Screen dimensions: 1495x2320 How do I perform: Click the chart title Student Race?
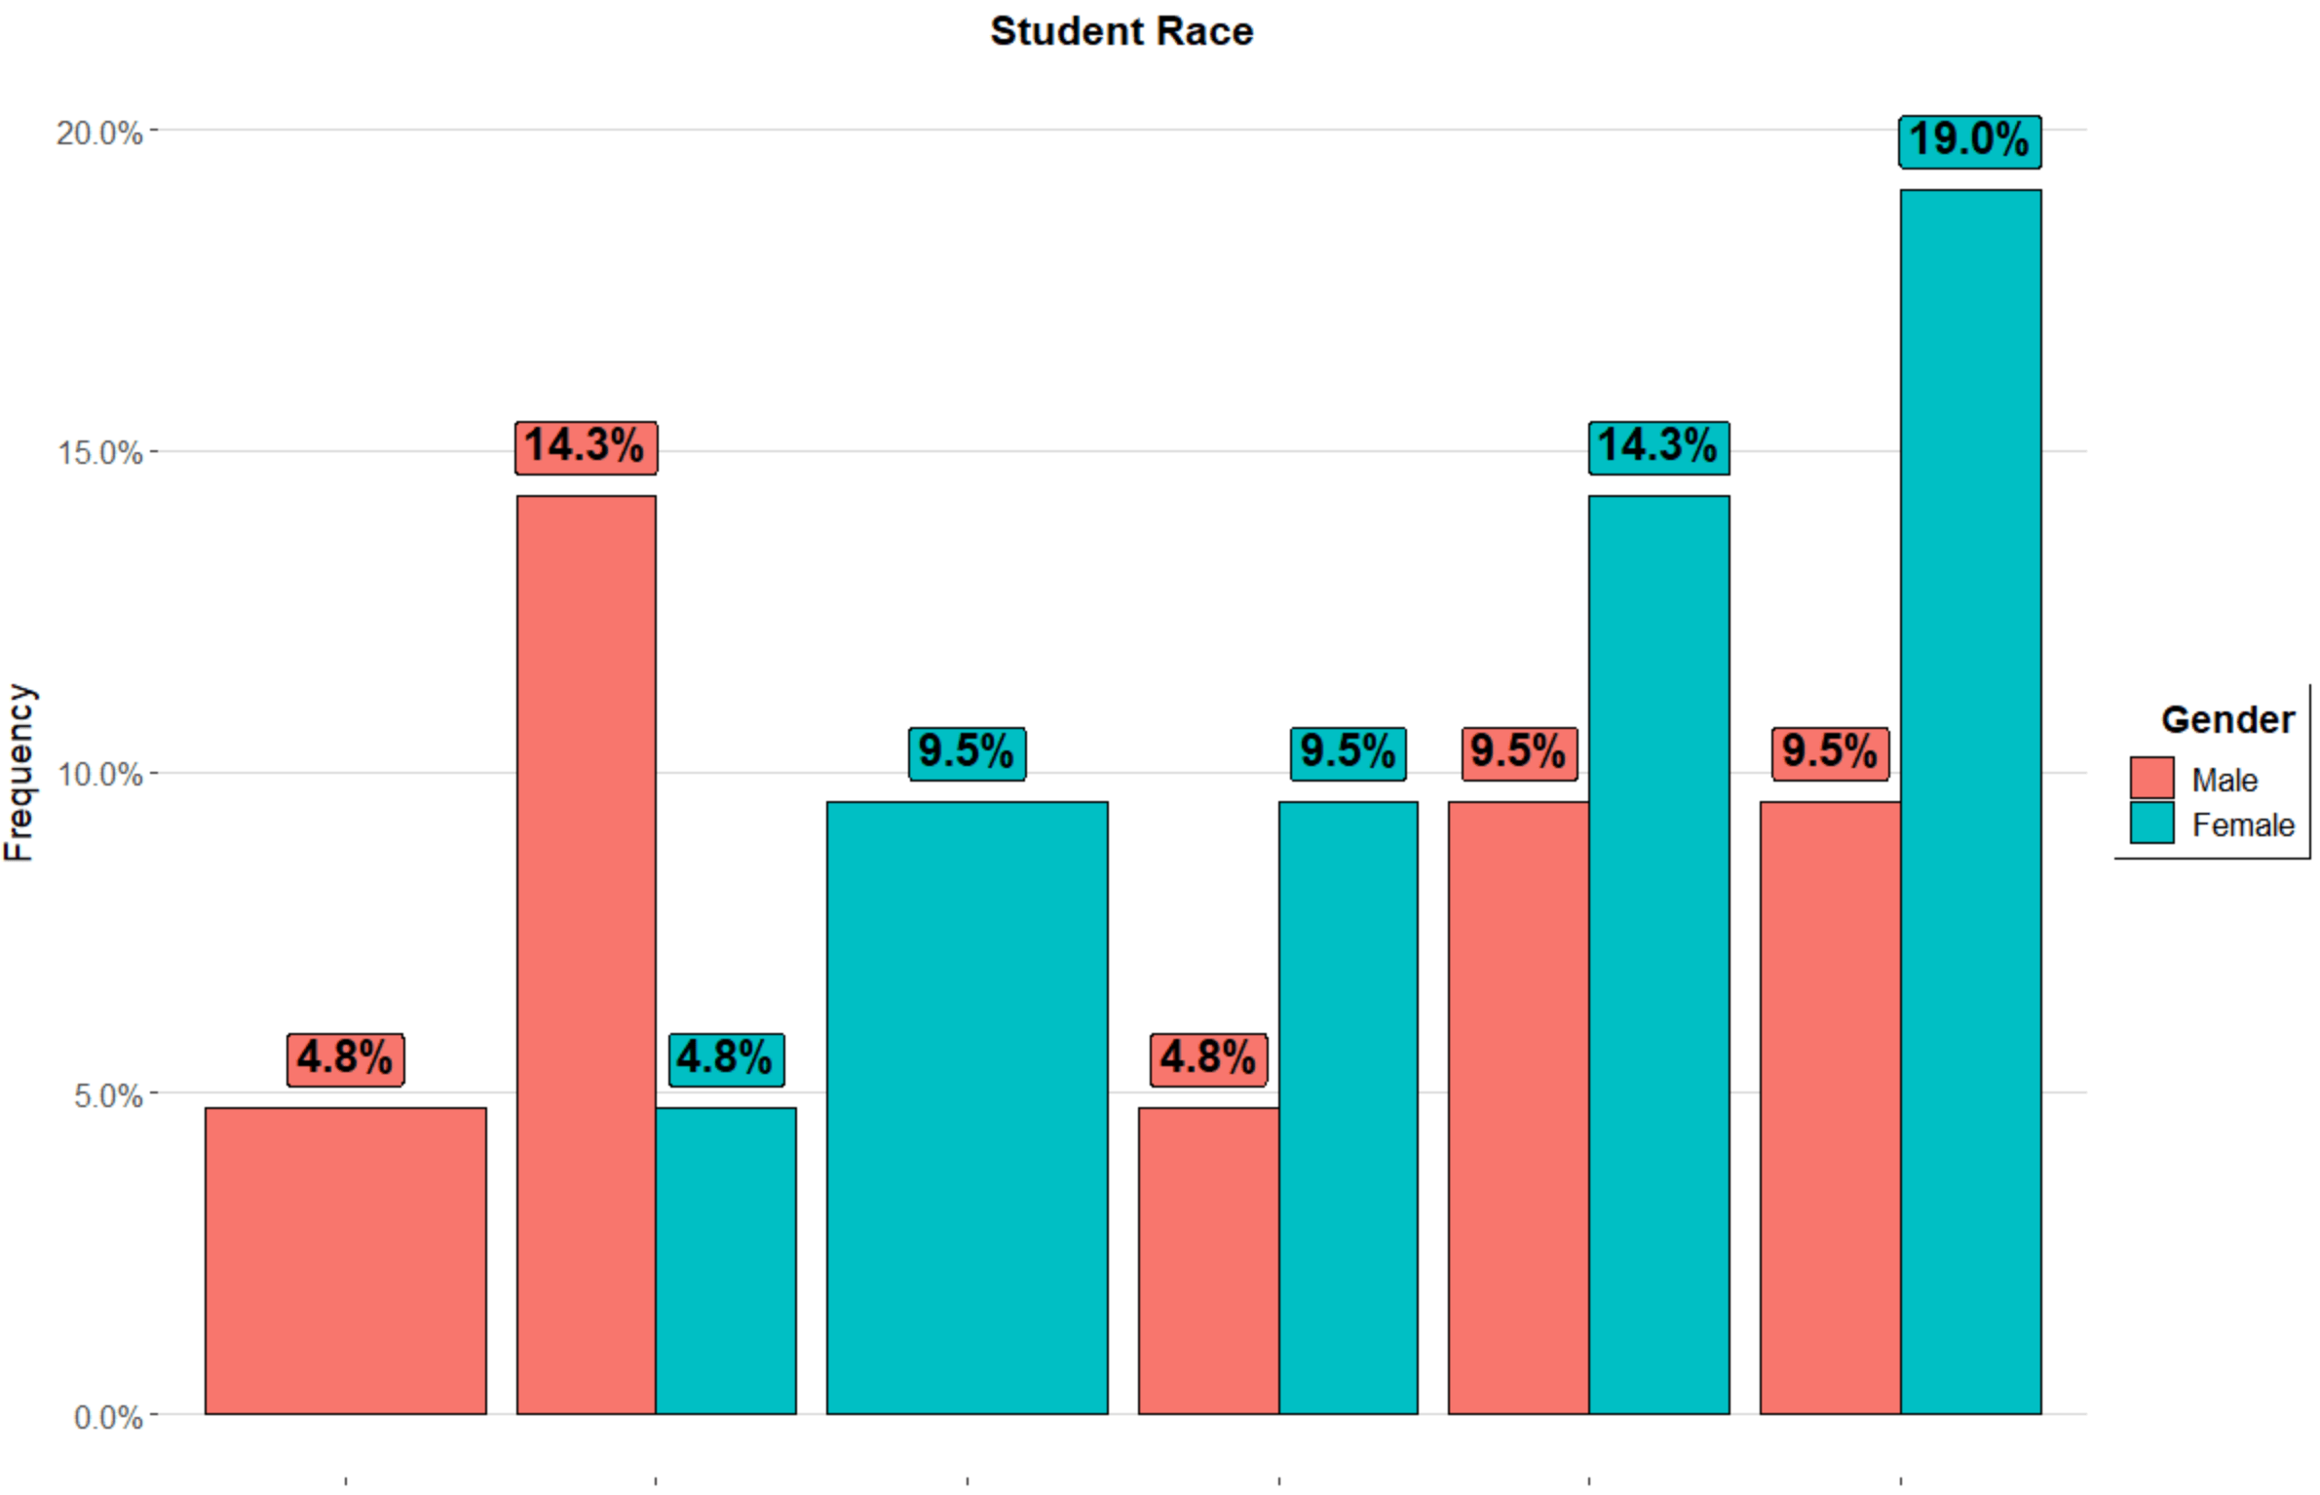tap(1121, 31)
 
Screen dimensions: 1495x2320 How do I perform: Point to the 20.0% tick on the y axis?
tap(99, 133)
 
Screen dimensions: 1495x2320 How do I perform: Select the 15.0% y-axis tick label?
tap(99, 453)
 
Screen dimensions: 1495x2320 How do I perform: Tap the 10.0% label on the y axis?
tap(99, 775)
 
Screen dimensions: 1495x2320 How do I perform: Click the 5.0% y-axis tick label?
tap(107, 1095)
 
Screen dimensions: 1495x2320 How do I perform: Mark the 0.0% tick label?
tap(107, 1417)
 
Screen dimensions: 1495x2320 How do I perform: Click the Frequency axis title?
tap(19, 772)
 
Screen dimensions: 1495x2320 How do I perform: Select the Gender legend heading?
tap(2227, 720)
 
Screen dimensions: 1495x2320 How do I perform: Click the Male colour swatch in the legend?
tap(2151, 778)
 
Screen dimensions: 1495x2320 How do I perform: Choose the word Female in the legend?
tap(2243, 825)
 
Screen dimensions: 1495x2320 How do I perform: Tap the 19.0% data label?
tap(1968, 140)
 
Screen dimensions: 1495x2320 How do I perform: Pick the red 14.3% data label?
tap(585, 447)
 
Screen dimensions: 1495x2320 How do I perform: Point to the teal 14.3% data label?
tap(1657, 447)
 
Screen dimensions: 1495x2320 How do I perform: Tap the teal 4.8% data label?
tap(725, 1059)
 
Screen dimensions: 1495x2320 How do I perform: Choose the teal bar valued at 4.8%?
tap(726, 1259)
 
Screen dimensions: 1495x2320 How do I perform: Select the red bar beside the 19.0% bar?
tap(1829, 1107)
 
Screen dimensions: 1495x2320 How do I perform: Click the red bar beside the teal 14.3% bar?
tap(1518, 1107)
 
